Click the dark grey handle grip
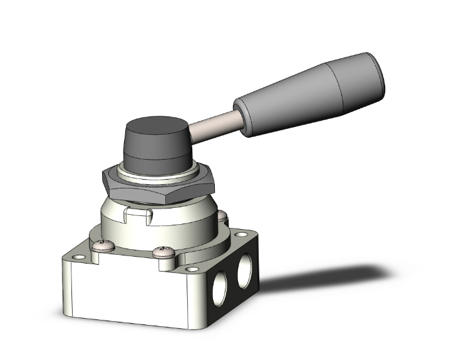tap(301, 100)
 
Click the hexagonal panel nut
tap(157, 185)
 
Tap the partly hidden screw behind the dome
tap(222, 216)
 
